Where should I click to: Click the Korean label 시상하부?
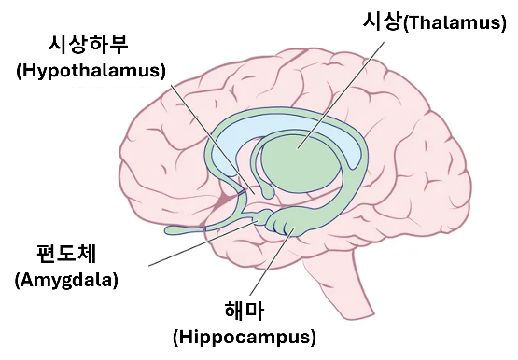pyautogui.click(x=91, y=45)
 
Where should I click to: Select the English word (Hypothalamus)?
pyautogui.click(x=91, y=71)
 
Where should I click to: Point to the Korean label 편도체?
pyautogui.click(x=66, y=253)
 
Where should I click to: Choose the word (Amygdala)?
pyautogui.click(x=66, y=279)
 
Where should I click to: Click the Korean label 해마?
pyautogui.click(x=245, y=310)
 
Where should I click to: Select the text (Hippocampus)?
pyautogui.click(x=245, y=337)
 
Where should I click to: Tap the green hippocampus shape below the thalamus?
pyautogui.click(x=299, y=224)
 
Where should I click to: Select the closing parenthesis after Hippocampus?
pyautogui.click(x=313, y=337)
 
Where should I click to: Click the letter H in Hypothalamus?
pyautogui.click(x=29, y=71)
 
